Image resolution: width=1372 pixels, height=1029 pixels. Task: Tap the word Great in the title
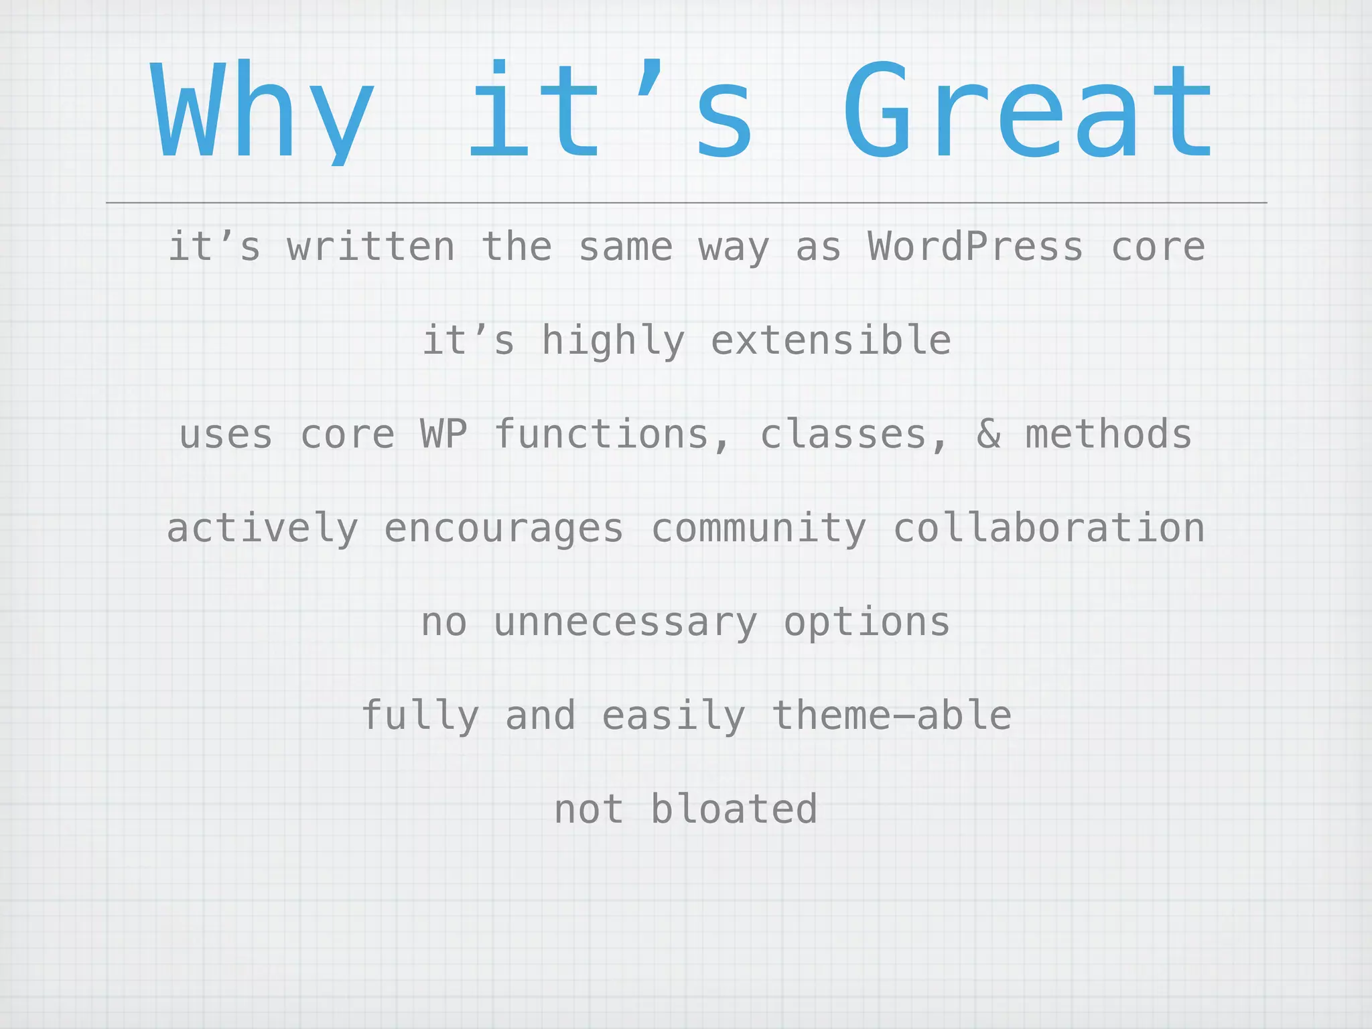pyautogui.click(x=1028, y=111)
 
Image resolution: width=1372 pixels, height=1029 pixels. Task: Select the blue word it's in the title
pyautogui.click(x=610, y=111)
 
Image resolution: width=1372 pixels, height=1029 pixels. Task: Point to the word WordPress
pyautogui.click(x=975, y=247)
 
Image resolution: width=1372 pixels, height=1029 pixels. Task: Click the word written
pyautogui.click(x=371, y=247)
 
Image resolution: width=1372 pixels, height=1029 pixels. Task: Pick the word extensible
pyautogui.click(x=831, y=340)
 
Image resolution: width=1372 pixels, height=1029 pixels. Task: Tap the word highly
pyautogui.click(x=613, y=342)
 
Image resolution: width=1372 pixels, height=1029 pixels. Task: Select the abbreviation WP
pyautogui.click(x=443, y=434)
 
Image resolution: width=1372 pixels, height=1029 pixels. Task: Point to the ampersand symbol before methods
pyautogui.click(x=988, y=434)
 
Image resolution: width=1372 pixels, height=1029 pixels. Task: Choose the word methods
pyautogui.click(x=1109, y=434)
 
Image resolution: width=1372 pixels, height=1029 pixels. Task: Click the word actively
pyautogui.click(x=263, y=529)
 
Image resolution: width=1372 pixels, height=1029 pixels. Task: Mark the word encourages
pyautogui.click(x=504, y=529)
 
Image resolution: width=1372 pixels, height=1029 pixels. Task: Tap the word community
pyautogui.click(x=758, y=529)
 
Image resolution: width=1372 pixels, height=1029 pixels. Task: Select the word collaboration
pyautogui.click(x=1049, y=528)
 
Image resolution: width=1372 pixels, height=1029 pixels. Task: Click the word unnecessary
pyautogui.click(x=626, y=623)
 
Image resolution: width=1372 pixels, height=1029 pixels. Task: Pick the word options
pyautogui.click(x=867, y=623)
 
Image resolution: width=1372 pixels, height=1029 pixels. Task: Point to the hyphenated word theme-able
pyautogui.click(x=891, y=715)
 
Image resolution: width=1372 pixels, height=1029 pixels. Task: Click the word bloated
pyautogui.click(x=734, y=809)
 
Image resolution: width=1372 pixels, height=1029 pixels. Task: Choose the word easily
pyautogui.click(x=673, y=717)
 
